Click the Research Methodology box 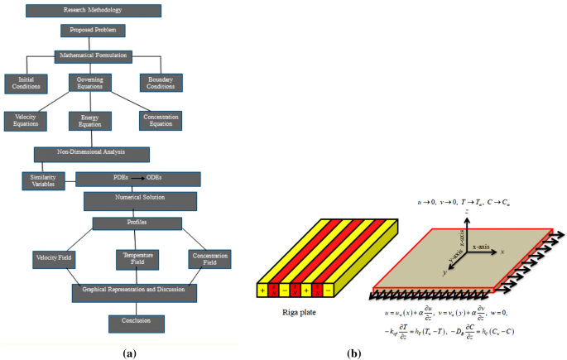pos(93,11)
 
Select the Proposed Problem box pos(93,31)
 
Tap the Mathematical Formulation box pos(93,56)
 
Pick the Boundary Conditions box pos(161,83)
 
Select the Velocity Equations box pos(26,121)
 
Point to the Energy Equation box pos(89,121)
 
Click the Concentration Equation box pos(161,121)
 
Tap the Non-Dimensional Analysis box pos(91,154)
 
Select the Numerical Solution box pos(140,200)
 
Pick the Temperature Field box pos(137,259)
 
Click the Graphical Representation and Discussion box pos(133,292)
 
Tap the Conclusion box pos(137,323)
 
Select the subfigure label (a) pos(128,353)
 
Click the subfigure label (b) pos(355,353)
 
